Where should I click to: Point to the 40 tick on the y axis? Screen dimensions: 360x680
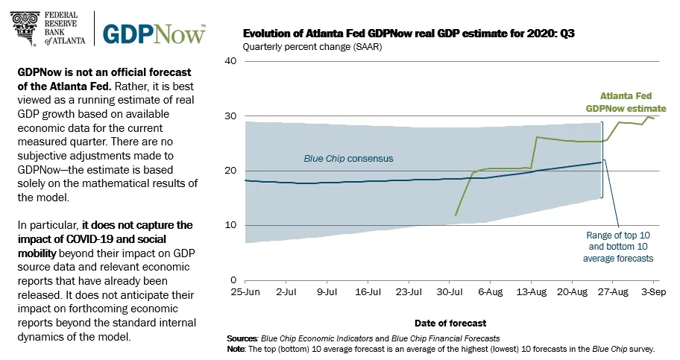coord(231,61)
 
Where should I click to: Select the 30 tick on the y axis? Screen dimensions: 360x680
coord(231,116)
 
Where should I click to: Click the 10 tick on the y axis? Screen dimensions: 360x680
coord(231,225)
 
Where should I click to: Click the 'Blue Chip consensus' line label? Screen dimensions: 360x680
coord(348,159)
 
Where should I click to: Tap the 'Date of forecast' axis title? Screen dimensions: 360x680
coord(450,323)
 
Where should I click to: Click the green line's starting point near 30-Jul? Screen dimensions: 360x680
coord(456,215)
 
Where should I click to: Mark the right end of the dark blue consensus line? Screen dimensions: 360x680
coord(601,162)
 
